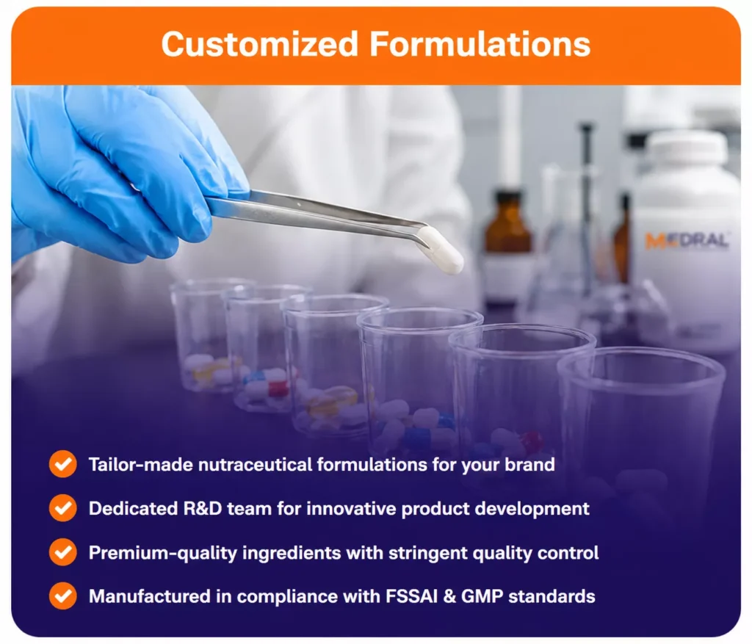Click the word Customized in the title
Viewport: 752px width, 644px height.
[x=260, y=44]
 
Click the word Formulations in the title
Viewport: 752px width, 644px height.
[x=480, y=44]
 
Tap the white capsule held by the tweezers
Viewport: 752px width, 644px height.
[x=441, y=250]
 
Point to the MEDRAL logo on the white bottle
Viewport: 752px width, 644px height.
[x=687, y=240]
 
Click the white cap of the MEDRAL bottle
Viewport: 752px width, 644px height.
[x=687, y=147]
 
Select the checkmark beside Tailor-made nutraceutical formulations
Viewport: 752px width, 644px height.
[x=63, y=463]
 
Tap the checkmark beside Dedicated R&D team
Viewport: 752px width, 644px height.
[x=63, y=508]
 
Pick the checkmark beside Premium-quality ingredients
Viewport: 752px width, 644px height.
[x=63, y=552]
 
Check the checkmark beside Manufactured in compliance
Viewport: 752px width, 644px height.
[x=63, y=596]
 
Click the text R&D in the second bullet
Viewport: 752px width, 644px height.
[x=203, y=508]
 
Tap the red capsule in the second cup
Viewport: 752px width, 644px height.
[x=278, y=388]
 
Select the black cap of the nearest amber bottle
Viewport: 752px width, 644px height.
[x=508, y=197]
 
